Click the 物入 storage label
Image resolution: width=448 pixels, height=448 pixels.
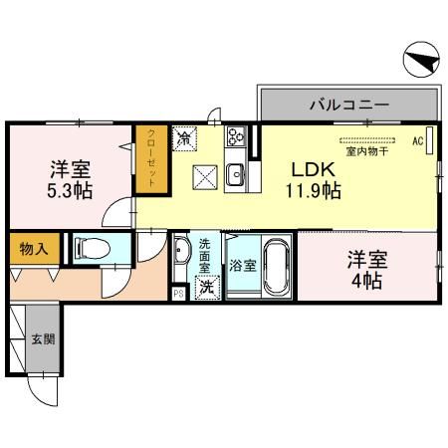[x=29, y=247]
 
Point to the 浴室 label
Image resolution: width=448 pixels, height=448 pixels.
[x=242, y=266]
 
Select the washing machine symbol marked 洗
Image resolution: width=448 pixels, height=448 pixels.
[x=205, y=288]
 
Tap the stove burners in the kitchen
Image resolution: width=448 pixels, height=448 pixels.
[x=237, y=138]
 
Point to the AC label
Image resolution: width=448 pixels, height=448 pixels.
[x=418, y=140]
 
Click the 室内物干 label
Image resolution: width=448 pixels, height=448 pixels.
[x=365, y=151]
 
